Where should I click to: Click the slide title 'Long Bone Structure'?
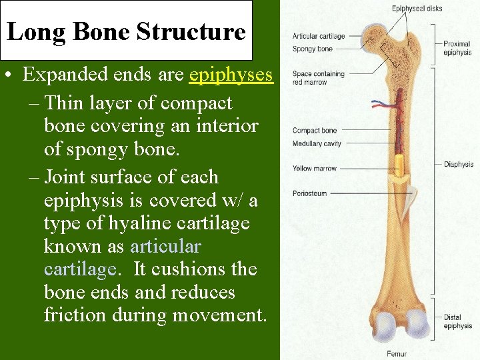tap(126, 31)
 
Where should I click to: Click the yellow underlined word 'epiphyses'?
tap(231, 74)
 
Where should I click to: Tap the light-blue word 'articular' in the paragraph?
tap(165, 246)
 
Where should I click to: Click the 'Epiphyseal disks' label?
tap(417, 9)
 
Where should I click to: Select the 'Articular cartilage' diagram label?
tap(319, 36)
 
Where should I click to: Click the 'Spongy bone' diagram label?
tap(312, 49)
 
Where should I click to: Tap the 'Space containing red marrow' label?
tap(318, 78)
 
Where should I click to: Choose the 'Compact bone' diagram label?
tap(314, 131)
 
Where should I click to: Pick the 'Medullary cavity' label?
tap(317, 143)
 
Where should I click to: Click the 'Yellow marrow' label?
tap(314, 169)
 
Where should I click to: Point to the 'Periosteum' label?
tap(309, 193)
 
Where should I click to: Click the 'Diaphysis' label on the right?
tap(458, 164)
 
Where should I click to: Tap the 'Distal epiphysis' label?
tap(457, 321)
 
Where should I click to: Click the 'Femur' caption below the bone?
tap(396, 353)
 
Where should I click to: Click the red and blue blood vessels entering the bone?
tap(383, 105)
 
